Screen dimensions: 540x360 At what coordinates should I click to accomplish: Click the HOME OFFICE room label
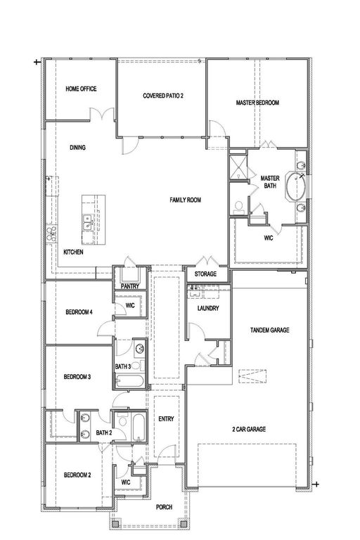pyautogui.click(x=81, y=89)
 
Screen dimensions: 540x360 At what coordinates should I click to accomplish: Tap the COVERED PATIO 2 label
pyautogui.click(x=163, y=96)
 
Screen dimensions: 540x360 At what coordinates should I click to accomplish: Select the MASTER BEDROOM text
pyautogui.click(x=257, y=103)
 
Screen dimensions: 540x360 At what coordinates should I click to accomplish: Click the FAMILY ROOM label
pyautogui.click(x=186, y=200)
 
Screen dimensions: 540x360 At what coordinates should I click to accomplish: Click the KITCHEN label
pyautogui.click(x=74, y=252)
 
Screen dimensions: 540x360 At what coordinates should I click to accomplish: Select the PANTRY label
pyautogui.click(x=129, y=286)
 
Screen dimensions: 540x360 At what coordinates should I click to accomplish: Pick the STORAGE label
pyautogui.click(x=201, y=274)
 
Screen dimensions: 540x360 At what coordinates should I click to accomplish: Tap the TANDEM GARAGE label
pyautogui.click(x=270, y=330)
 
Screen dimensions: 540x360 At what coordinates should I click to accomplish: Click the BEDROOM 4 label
pyautogui.click(x=79, y=311)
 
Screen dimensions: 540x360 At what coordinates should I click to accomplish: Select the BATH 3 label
pyautogui.click(x=123, y=366)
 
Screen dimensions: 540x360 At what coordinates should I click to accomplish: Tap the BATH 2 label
pyautogui.click(x=104, y=432)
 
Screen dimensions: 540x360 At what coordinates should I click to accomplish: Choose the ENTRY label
pyautogui.click(x=166, y=419)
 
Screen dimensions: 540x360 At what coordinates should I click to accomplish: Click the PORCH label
pyautogui.click(x=164, y=507)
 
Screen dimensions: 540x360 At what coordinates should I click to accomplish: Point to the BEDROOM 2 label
pyautogui.click(x=79, y=474)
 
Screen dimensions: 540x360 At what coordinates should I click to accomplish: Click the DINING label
pyautogui.click(x=78, y=148)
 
